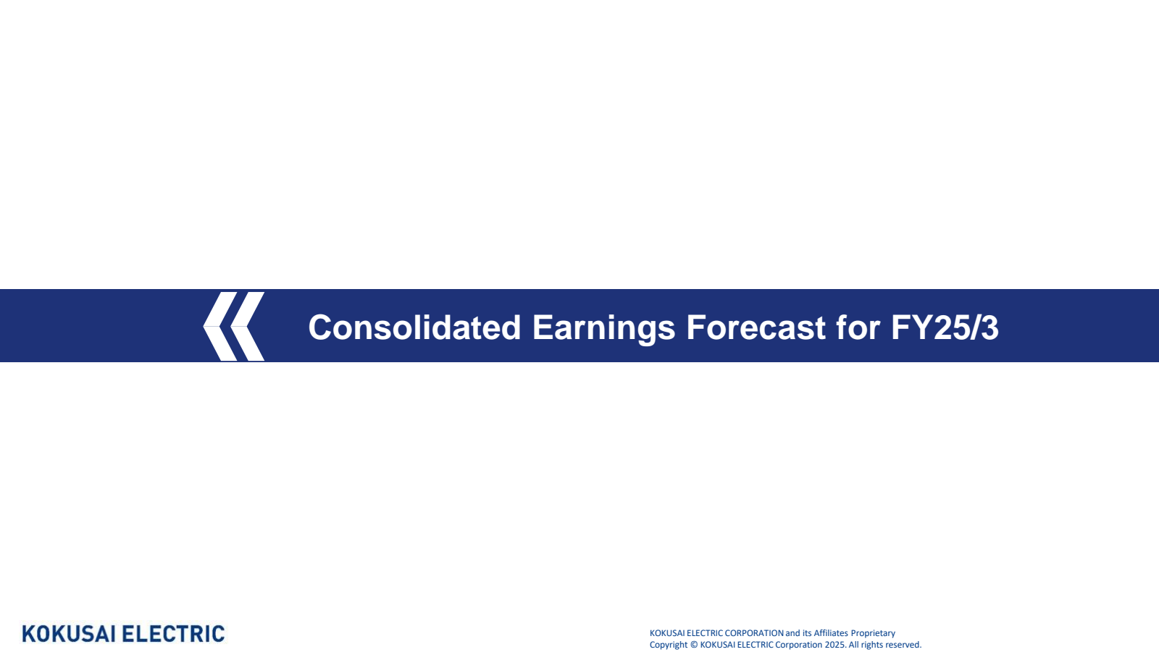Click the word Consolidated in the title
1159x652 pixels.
point(414,327)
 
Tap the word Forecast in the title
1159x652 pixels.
point(756,327)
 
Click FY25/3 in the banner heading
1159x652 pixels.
point(945,327)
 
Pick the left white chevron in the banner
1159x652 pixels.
point(219,326)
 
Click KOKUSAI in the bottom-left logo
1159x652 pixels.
point(69,634)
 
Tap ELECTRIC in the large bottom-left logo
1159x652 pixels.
point(174,634)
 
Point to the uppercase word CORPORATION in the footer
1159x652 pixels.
point(754,633)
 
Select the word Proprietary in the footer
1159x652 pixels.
point(873,633)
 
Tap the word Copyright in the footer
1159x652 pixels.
point(668,645)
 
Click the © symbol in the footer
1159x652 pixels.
point(694,645)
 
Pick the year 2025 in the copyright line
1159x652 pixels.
point(834,645)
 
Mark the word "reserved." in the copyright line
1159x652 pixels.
point(903,645)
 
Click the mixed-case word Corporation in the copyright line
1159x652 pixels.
point(799,645)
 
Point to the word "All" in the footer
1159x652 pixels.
point(853,645)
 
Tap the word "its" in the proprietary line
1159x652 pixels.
point(807,633)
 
